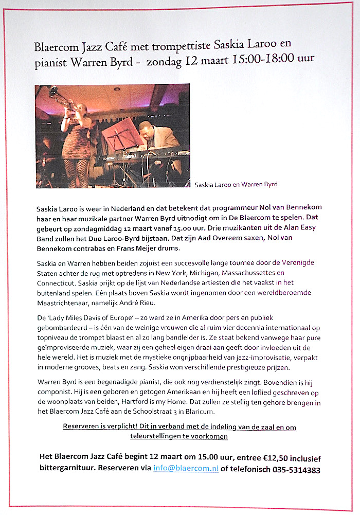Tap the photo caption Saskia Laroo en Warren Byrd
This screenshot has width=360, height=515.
(236, 184)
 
